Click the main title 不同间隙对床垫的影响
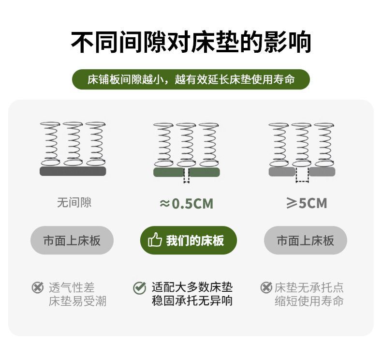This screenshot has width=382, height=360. (x=191, y=42)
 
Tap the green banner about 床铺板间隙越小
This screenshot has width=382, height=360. (x=191, y=79)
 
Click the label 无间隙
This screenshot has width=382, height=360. (x=73, y=202)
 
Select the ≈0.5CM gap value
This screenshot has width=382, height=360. (x=186, y=204)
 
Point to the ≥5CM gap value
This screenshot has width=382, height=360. (x=306, y=203)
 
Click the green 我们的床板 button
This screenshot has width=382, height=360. (x=189, y=240)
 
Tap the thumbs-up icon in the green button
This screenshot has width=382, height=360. (x=154, y=240)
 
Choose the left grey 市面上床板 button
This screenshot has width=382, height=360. (x=72, y=240)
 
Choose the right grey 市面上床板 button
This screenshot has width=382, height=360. (x=305, y=240)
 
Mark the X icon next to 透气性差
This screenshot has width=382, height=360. (x=37, y=287)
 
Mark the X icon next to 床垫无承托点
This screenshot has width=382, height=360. (x=266, y=287)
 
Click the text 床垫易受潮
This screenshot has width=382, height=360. (x=77, y=301)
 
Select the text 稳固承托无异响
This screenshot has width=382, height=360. (x=192, y=301)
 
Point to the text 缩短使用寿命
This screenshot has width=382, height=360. (x=309, y=301)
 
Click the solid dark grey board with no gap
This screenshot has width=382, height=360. (x=73, y=171)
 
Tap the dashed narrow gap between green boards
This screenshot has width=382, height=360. (x=186, y=177)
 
